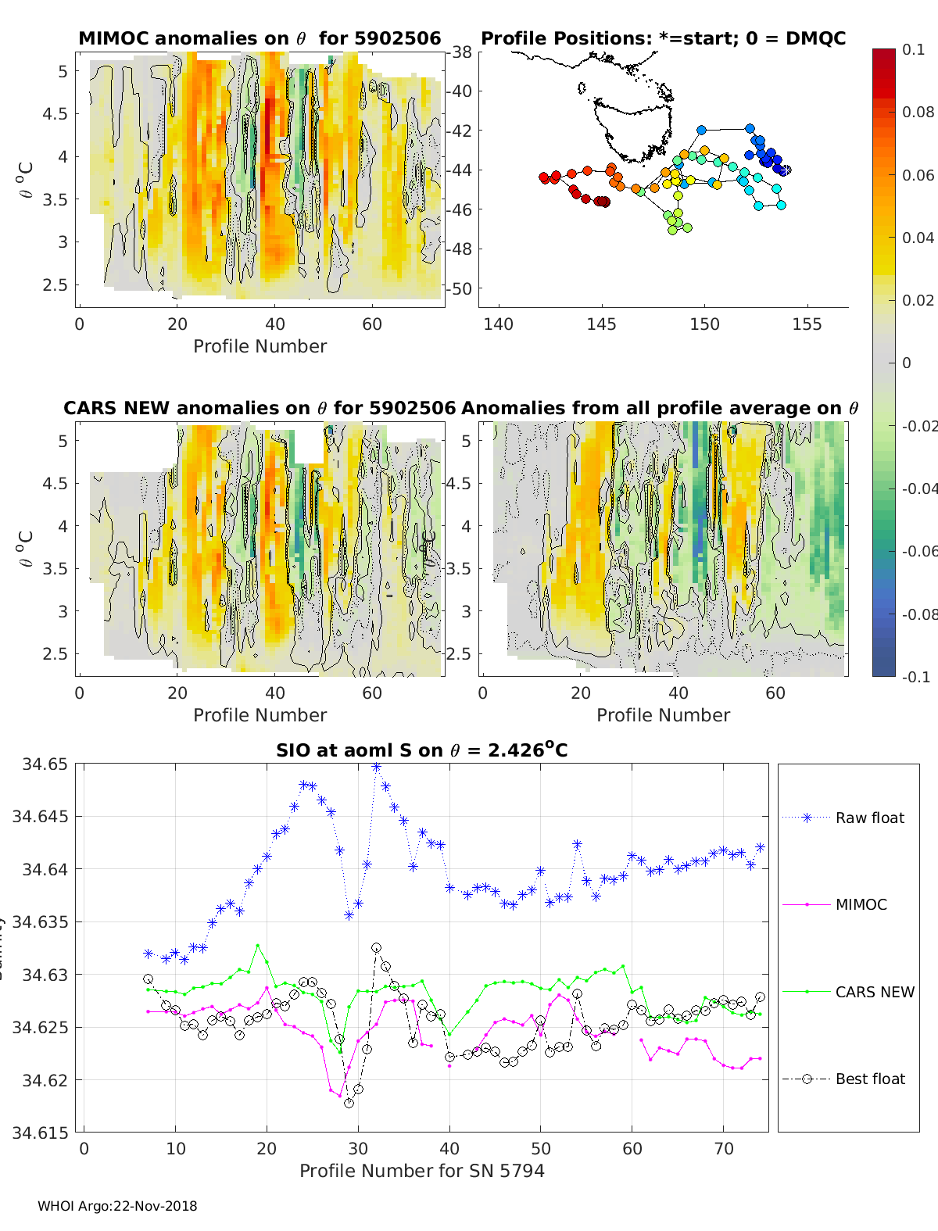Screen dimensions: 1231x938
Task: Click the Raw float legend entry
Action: point(869,818)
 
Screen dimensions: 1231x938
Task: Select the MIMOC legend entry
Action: point(861,904)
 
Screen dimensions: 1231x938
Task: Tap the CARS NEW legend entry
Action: point(874,992)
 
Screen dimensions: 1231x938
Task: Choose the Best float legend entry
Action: point(870,1079)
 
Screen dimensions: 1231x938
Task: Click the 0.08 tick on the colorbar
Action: point(918,112)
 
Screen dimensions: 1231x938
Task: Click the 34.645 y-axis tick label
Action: point(40,817)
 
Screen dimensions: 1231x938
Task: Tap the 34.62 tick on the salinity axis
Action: point(45,1080)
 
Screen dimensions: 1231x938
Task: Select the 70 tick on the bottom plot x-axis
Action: point(724,1149)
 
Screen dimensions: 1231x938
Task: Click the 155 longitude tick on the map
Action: point(807,324)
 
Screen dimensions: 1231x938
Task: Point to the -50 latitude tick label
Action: point(459,288)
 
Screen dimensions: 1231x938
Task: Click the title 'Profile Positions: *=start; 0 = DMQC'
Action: point(663,38)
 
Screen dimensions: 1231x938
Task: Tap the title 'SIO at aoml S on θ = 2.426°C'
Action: point(421,750)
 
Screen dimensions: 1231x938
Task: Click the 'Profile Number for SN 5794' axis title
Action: point(421,1171)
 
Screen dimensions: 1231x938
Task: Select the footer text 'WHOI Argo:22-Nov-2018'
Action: point(117,1206)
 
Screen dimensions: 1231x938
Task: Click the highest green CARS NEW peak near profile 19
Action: point(257,946)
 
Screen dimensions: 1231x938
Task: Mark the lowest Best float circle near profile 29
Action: point(349,1103)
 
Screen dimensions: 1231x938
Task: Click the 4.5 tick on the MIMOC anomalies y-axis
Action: point(55,114)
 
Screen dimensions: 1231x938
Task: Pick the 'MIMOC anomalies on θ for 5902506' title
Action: point(260,38)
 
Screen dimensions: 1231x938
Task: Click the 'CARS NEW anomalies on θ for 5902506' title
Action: point(260,408)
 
